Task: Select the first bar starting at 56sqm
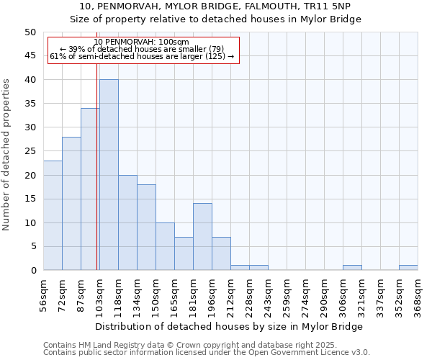tap(53, 215)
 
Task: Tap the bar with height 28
tap(71, 204)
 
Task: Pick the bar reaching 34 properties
tap(90, 189)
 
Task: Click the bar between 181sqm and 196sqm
tap(202, 237)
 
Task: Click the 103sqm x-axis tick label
tap(100, 292)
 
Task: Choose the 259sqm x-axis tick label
tap(287, 292)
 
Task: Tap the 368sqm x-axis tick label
tap(418, 292)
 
